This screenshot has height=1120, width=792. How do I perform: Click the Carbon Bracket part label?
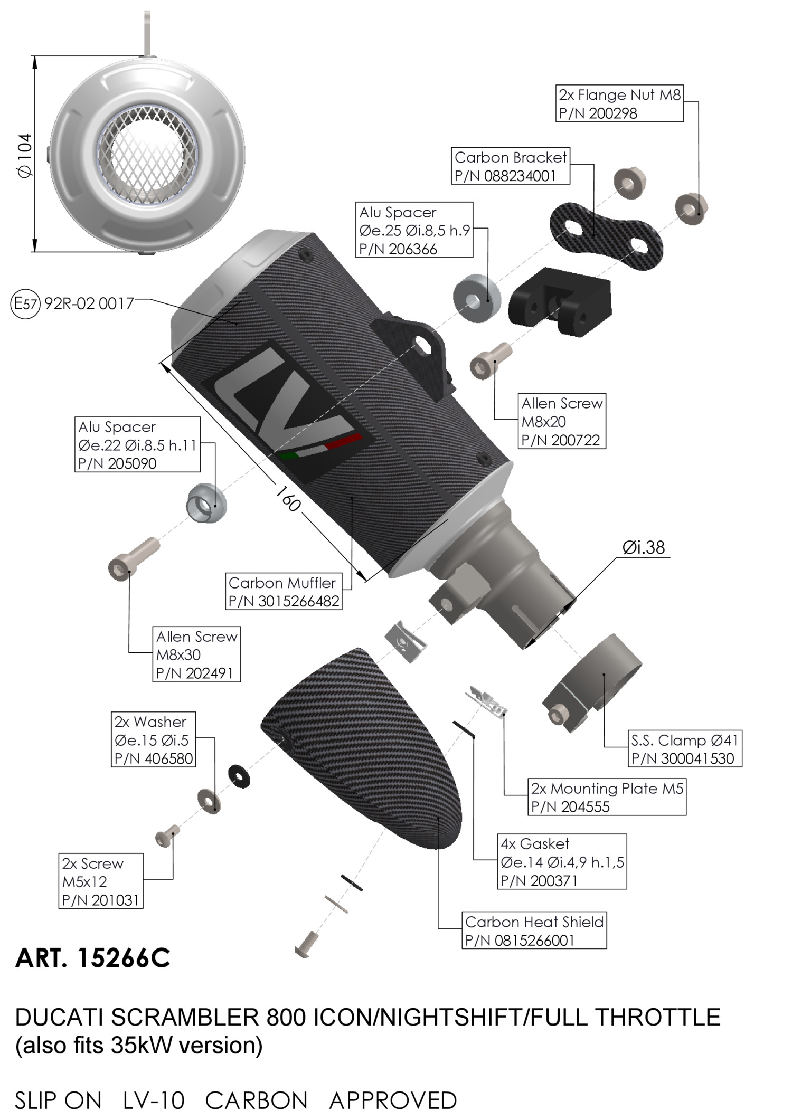click(511, 166)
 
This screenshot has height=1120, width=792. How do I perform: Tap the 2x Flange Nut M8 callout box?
click(619, 103)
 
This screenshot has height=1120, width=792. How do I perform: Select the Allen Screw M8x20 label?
click(562, 421)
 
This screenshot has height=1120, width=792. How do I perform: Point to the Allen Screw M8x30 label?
click(196, 654)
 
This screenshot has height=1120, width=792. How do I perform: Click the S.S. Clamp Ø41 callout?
click(684, 749)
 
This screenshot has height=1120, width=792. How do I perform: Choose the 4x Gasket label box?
click(562, 862)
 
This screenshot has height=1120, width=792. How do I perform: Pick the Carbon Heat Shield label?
click(534, 931)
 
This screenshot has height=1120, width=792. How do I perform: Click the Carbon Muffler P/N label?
click(284, 592)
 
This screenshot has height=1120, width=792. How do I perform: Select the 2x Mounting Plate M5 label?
click(607, 798)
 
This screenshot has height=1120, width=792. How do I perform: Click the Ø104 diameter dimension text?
click(24, 156)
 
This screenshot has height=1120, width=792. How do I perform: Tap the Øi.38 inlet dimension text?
click(643, 548)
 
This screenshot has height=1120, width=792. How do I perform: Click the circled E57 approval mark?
click(25, 304)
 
